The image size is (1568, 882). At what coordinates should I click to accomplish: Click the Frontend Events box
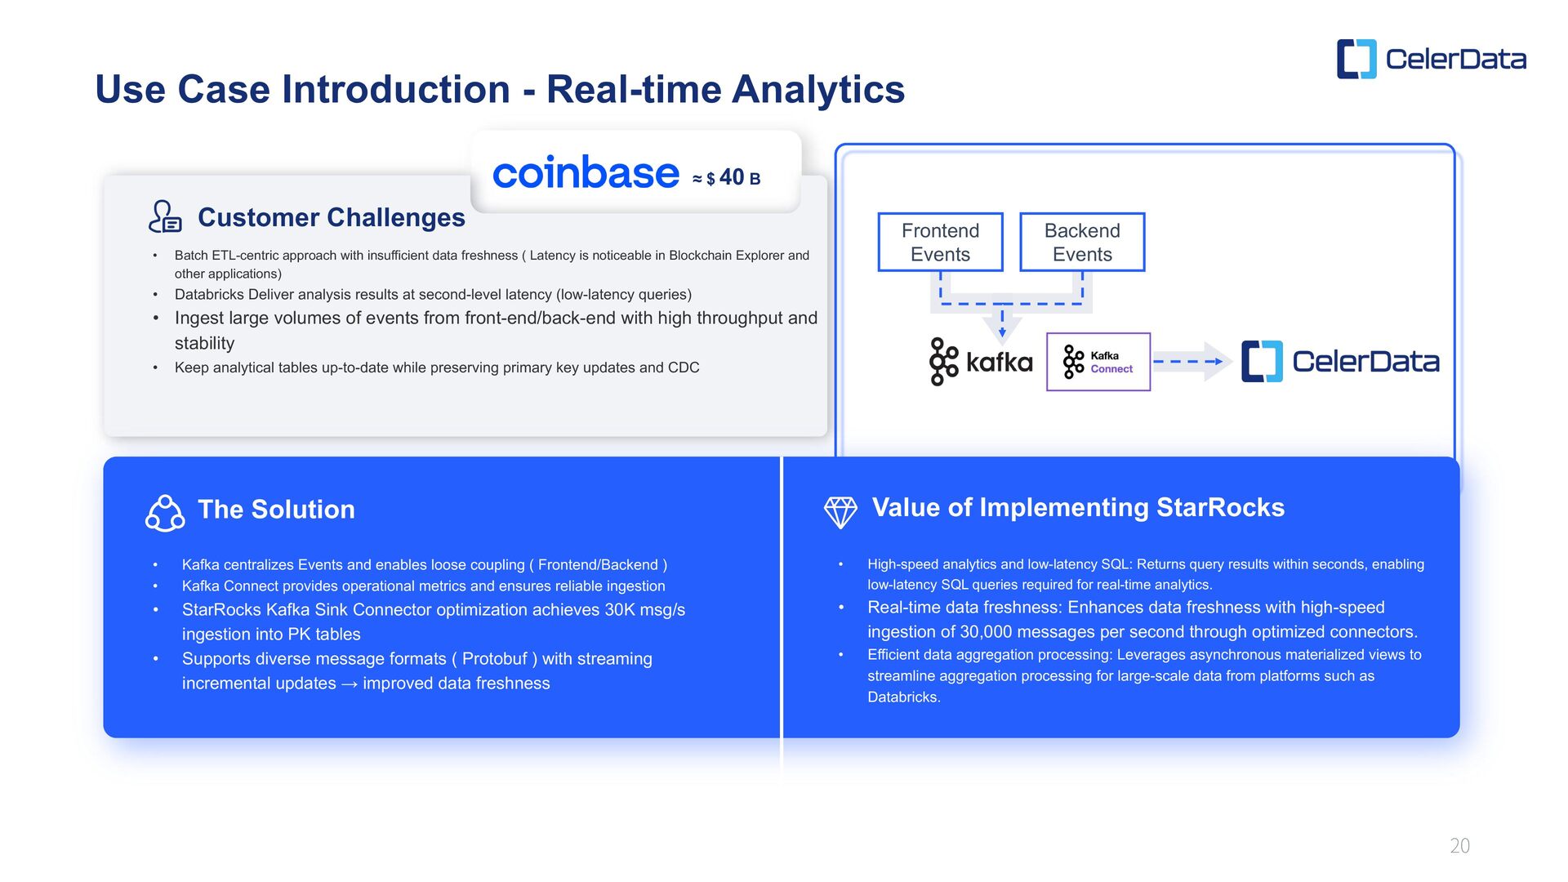tap(940, 242)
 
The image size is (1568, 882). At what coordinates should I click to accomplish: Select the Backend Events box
tap(1082, 242)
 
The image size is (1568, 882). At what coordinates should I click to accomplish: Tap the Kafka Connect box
tap(1098, 362)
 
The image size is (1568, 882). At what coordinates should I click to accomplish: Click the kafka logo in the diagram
tap(981, 362)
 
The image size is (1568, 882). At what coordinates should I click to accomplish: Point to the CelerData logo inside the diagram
tap(1340, 362)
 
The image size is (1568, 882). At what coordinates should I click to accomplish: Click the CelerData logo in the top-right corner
tap(1431, 59)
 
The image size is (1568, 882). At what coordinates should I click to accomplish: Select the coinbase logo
tap(586, 173)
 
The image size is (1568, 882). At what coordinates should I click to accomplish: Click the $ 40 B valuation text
tap(731, 178)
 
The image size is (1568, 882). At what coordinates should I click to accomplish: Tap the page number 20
tap(1459, 846)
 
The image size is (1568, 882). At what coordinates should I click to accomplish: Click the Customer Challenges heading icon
tap(164, 217)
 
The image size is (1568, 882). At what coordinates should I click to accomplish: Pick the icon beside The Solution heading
tap(164, 513)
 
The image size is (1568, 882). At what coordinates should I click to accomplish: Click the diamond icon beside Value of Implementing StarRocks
tap(840, 512)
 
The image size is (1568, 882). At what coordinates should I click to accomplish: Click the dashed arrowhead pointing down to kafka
tap(1002, 331)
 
